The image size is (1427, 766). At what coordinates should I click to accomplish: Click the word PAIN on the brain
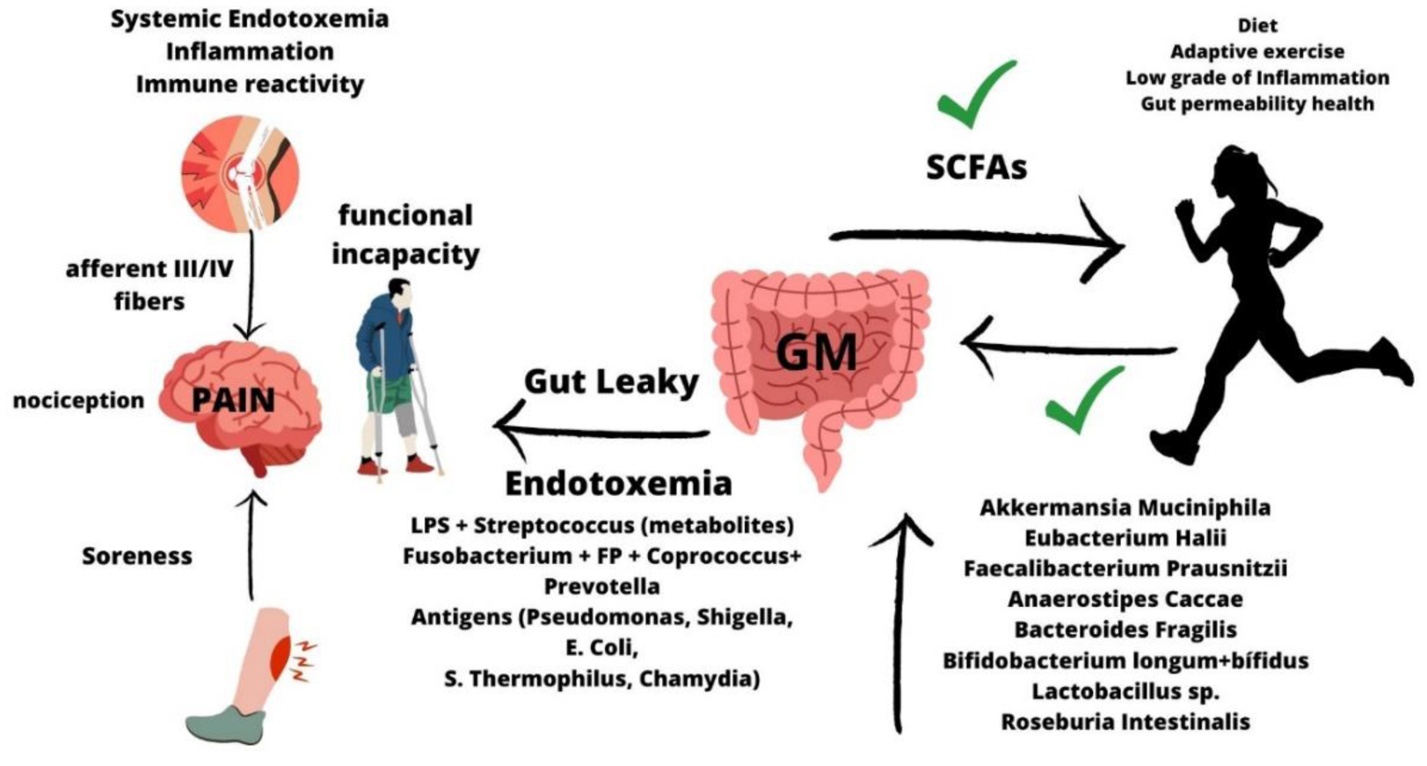click(233, 400)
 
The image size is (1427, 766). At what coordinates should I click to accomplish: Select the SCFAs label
click(976, 166)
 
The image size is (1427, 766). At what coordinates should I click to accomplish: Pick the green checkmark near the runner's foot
click(1084, 400)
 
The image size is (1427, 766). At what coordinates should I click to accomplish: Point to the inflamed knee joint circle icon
click(240, 171)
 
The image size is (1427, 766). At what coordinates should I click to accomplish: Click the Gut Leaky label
click(611, 382)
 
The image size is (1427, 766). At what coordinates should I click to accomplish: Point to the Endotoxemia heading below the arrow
click(618, 483)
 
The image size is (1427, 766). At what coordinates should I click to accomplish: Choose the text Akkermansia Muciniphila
click(1125, 507)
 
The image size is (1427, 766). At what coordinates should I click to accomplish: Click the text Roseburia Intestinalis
click(1125, 722)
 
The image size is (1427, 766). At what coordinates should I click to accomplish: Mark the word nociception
click(78, 401)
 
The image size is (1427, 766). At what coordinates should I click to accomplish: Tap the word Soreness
click(136, 556)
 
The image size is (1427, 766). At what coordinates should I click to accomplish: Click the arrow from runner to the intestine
click(1068, 347)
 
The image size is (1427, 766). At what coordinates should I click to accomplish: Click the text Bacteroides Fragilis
click(1125, 630)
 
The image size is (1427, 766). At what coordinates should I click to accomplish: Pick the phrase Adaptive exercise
click(1256, 52)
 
